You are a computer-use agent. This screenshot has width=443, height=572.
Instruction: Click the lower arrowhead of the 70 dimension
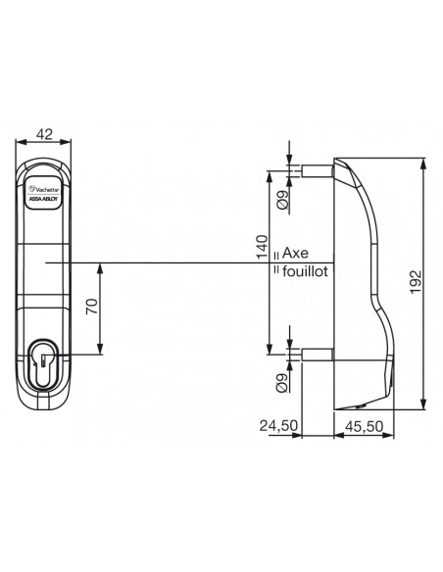point(101,353)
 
